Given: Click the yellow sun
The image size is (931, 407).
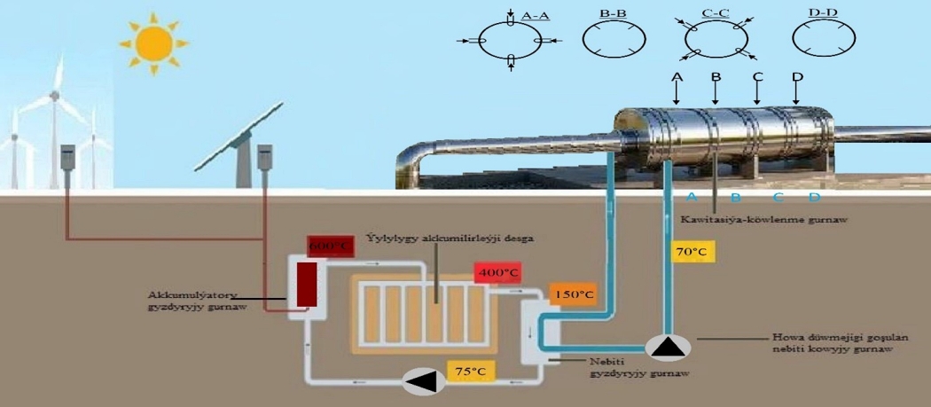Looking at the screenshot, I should pos(154,41).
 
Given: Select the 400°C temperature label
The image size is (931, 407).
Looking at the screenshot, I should pos(497,272).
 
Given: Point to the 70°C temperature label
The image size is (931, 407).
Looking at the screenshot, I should pos(691,252).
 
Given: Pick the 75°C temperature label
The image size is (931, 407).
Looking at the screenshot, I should pos(470,371).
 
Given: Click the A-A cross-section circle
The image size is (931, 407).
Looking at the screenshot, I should pos(510,39).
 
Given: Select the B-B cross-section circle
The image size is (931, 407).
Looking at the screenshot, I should pos(613,39).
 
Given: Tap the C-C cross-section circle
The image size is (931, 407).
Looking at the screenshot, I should pos(716,39).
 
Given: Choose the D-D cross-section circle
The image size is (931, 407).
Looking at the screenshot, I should pos(824,39).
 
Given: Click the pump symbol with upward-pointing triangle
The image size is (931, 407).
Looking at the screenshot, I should pos(669,347).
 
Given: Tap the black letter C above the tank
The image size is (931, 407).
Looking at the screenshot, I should pos(757,78).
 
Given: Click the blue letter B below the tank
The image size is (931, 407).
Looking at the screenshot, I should pos(735,198).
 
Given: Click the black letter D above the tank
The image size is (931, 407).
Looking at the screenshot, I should pos(797,78).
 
